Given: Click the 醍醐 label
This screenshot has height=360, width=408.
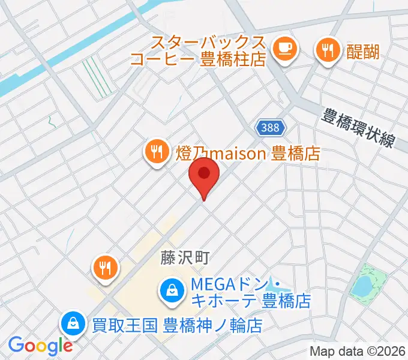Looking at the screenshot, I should coord(363,52).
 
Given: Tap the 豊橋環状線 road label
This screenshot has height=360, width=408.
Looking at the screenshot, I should coord(358,128).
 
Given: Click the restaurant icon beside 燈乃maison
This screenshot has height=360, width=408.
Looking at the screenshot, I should coord(157,152).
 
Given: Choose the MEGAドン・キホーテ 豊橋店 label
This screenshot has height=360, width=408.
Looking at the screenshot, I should coord(251,291).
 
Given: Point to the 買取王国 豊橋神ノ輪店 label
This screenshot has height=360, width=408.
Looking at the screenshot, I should coord(177,326).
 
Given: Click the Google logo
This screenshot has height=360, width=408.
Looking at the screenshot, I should coord(40,346).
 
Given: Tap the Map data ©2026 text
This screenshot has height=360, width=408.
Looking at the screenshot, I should coord(358,351).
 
